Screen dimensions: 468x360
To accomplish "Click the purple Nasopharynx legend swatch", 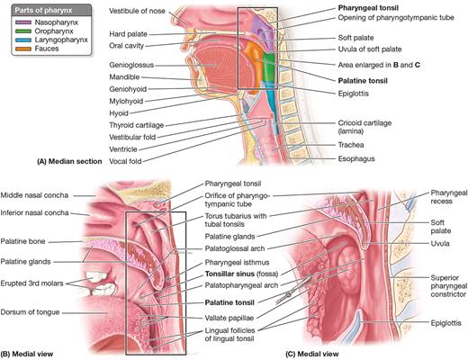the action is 23,22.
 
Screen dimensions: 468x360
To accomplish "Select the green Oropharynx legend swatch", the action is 23,31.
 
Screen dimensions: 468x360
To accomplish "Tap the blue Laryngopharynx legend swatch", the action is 23,40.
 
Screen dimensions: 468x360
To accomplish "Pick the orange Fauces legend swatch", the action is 23,49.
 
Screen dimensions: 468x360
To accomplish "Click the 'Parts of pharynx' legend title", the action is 43,11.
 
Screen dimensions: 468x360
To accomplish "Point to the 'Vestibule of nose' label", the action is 137,11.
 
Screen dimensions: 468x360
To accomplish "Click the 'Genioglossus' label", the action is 131,65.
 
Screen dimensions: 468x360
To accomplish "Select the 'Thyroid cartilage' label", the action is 136,125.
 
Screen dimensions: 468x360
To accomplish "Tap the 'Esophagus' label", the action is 356,158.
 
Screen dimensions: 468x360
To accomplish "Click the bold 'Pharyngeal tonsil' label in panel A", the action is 368,8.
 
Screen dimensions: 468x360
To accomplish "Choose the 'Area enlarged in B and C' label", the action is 379,65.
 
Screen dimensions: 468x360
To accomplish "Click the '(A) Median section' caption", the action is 69,161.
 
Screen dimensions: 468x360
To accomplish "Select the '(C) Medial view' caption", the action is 312,354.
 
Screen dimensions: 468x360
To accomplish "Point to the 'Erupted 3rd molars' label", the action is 31,283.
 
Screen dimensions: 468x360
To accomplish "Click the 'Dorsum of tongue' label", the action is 30,312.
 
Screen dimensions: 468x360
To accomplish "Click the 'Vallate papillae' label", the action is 229,318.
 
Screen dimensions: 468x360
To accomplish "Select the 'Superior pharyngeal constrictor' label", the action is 449,286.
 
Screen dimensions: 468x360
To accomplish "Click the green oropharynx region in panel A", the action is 269,67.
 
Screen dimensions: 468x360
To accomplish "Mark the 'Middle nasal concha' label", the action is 34,195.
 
